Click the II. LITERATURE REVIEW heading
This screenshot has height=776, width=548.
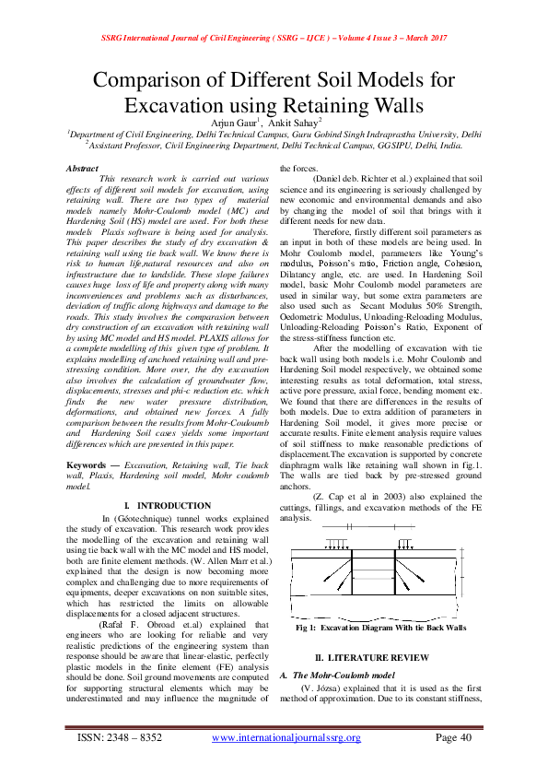coord(371,656)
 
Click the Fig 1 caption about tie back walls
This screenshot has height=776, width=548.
coord(380,627)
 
